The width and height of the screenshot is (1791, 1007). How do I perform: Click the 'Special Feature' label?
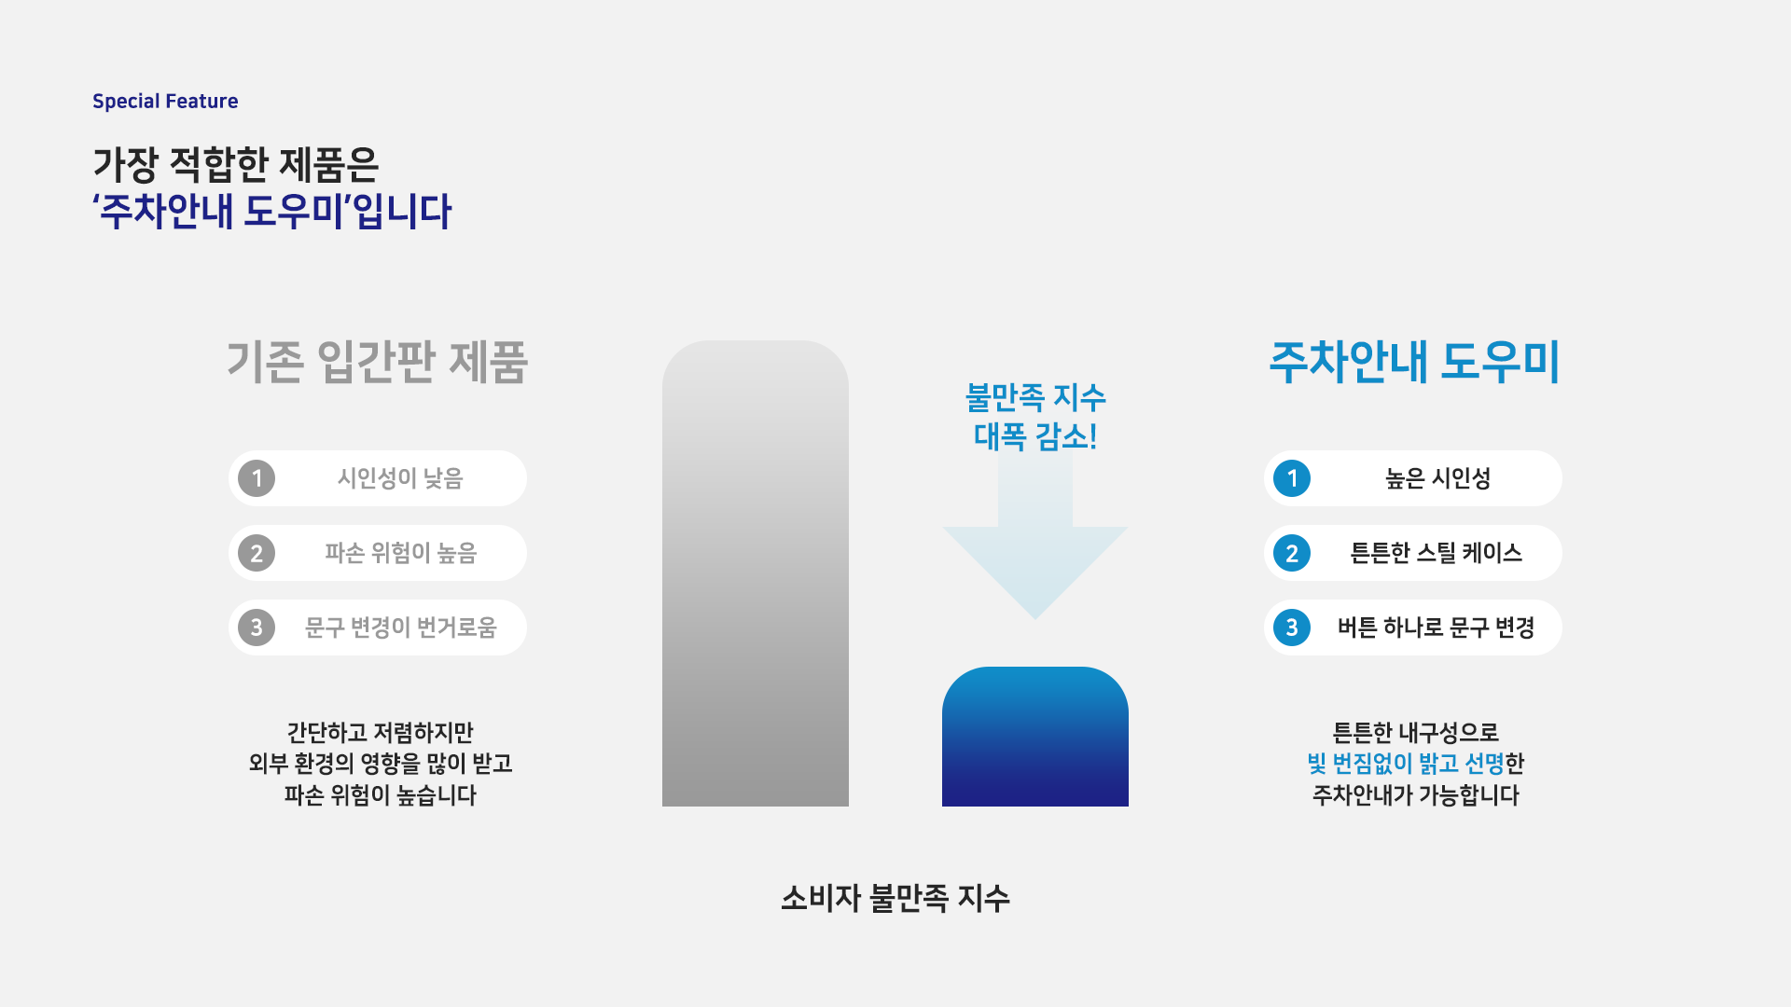pyautogui.click(x=165, y=101)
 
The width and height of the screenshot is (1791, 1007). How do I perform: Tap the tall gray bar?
pyautogui.click(x=756, y=573)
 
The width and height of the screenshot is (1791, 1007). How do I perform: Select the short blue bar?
pyautogui.click(x=1035, y=737)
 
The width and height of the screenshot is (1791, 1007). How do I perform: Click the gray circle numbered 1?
pyautogui.click(x=257, y=478)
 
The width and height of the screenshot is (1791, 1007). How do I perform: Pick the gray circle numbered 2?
pyautogui.click(x=257, y=553)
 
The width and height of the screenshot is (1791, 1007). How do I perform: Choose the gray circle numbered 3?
pyautogui.click(x=257, y=628)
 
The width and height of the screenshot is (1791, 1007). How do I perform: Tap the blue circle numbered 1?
pyautogui.click(x=1292, y=478)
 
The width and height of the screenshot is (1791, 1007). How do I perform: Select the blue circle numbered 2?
pyautogui.click(x=1292, y=553)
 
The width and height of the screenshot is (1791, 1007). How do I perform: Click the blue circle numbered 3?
pyautogui.click(x=1292, y=628)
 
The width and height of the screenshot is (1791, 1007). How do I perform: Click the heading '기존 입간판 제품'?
pyautogui.click(x=377, y=362)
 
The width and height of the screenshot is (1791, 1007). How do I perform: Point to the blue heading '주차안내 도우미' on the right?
pyautogui.click(x=1414, y=362)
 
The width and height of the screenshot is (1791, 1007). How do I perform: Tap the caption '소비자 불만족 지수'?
pyautogui.click(x=895, y=898)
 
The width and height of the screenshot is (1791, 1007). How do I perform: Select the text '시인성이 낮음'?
pyautogui.click(x=400, y=478)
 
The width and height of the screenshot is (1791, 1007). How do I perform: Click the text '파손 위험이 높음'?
pyautogui.click(x=400, y=553)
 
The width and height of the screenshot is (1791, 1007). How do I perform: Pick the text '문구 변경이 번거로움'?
pyautogui.click(x=400, y=628)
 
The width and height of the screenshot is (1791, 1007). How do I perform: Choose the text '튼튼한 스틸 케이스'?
pyautogui.click(x=1437, y=553)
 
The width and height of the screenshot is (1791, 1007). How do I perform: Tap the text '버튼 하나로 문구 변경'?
pyautogui.click(x=1437, y=628)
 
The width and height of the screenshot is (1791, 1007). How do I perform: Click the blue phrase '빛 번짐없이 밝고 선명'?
pyautogui.click(x=1406, y=764)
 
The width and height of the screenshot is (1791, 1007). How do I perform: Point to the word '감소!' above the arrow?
pyautogui.click(x=1066, y=436)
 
